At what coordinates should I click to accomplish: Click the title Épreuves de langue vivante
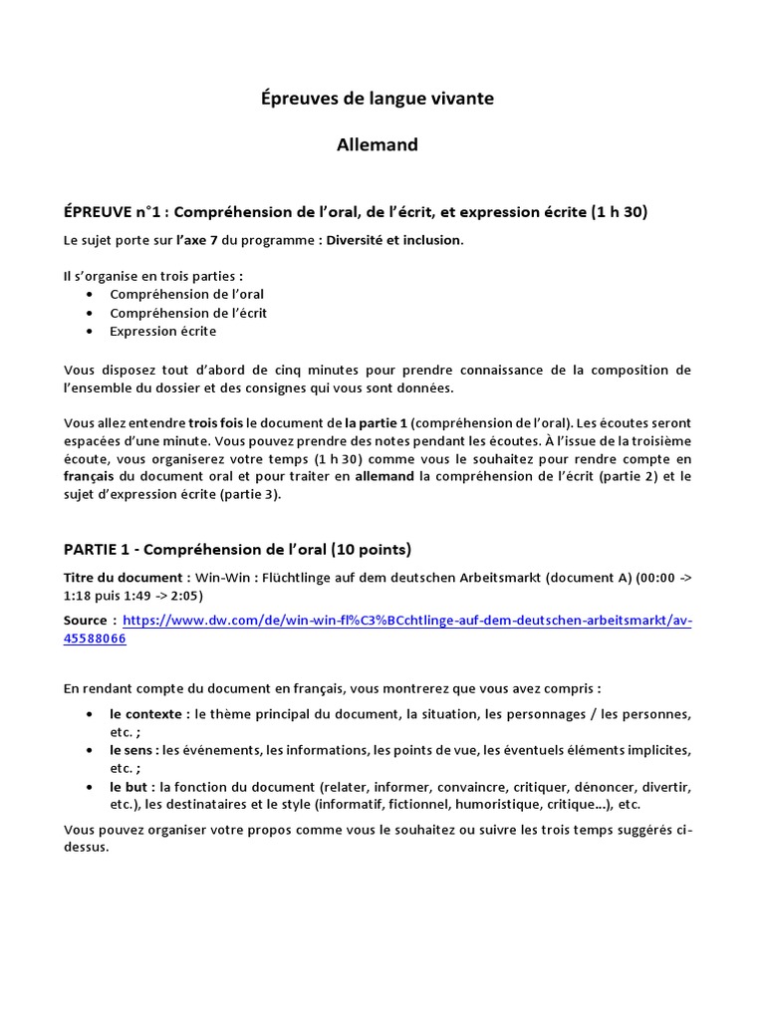tap(377, 98)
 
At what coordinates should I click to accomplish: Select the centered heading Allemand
tap(377, 145)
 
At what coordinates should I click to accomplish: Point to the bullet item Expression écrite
tap(162, 331)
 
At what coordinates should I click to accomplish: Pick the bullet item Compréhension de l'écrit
tap(188, 313)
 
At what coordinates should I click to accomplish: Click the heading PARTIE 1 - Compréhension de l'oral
tap(237, 549)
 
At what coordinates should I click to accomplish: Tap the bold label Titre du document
tap(126, 578)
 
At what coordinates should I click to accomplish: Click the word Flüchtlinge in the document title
tap(319, 578)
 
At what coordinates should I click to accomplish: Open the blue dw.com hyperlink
tap(406, 621)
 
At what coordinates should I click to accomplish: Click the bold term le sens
tap(133, 750)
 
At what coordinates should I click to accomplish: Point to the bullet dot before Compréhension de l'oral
tap(92, 295)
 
